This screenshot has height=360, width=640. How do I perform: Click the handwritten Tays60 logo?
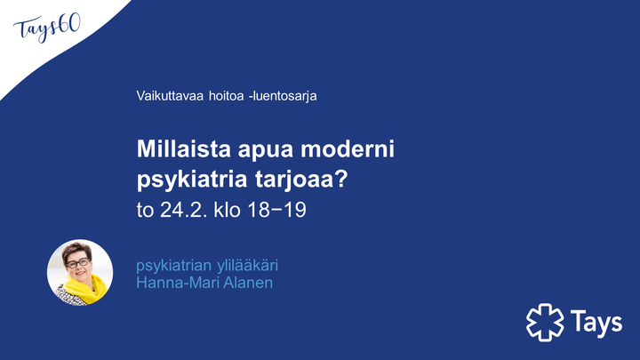click(47, 28)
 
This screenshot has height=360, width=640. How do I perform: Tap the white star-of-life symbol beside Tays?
click(545, 323)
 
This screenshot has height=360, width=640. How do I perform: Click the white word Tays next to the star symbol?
click(596, 322)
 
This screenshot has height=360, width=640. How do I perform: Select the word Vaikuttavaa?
click(170, 96)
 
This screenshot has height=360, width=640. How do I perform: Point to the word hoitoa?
click(226, 96)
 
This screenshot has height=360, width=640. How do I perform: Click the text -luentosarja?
click(283, 96)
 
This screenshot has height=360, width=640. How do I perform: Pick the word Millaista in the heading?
click(184, 149)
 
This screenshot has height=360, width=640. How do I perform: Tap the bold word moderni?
click(348, 149)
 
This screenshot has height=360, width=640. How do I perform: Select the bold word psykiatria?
click(192, 180)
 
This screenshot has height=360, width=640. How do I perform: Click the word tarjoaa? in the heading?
click(301, 180)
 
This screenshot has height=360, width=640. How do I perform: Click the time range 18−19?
click(276, 210)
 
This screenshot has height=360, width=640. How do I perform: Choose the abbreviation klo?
click(227, 210)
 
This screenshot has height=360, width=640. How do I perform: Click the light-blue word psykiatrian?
click(174, 266)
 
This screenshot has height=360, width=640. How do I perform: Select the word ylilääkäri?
click(248, 266)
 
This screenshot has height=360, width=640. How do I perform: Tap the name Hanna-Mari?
click(175, 283)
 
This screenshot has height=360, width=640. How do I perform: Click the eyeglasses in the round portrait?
click(77, 263)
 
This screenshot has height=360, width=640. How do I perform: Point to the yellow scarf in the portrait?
click(86, 289)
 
